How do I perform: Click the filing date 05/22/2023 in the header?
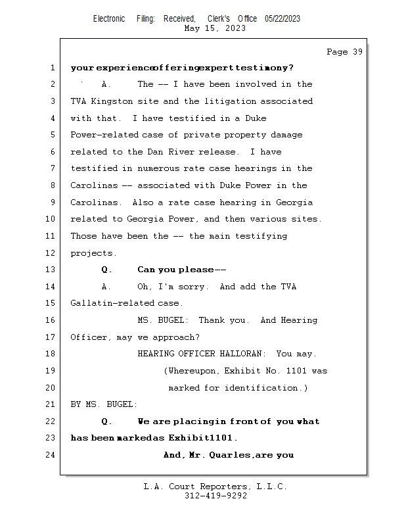click(282, 19)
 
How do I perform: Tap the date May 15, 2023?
click(215, 28)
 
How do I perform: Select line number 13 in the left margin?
click(52, 270)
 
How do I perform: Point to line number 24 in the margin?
click(52, 455)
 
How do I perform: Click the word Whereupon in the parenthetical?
click(193, 371)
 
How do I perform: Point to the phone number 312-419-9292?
click(215, 496)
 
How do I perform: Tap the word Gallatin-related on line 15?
click(112, 303)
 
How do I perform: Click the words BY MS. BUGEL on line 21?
click(104, 404)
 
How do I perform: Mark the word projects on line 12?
click(93, 253)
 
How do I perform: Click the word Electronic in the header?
click(109, 19)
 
